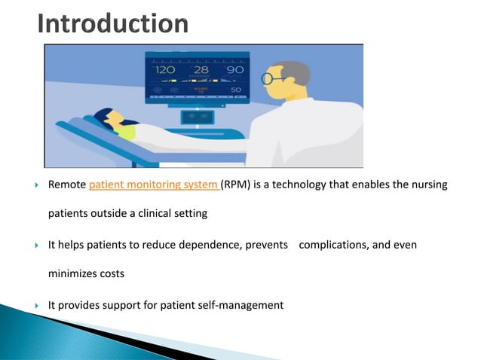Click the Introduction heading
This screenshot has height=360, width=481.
(113, 24)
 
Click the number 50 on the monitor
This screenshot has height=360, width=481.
(235, 90)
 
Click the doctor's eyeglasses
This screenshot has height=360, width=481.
(272, 78)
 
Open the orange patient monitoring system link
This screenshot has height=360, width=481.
(154, 185)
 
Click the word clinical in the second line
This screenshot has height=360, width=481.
(159, 213)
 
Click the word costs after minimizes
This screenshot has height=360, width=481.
(110, 274)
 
